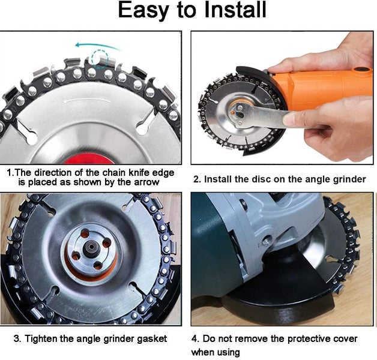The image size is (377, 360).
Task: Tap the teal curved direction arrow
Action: [x=96, y=46]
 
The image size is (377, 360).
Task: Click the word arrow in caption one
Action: [x=147, y=182]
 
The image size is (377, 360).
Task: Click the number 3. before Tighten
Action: [x=28, y=339]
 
